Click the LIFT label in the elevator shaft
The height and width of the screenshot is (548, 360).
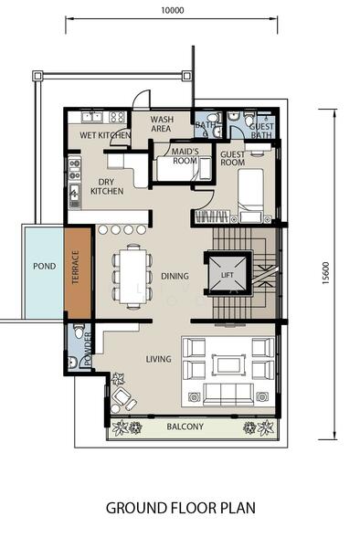point(227,275)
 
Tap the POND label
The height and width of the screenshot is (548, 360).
point(45,267)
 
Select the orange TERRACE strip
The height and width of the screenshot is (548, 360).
point(78,273)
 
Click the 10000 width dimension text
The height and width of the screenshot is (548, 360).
point(173,10)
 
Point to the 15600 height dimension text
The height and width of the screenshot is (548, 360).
point(326,273)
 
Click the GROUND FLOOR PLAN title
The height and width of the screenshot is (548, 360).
point(181,508)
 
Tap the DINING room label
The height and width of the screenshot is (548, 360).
point(175,276)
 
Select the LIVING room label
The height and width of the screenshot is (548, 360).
point(158,359)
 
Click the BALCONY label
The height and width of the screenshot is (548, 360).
point(185,427)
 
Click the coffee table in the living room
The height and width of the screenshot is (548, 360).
point(229,364)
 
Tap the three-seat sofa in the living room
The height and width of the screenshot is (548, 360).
point(228,394)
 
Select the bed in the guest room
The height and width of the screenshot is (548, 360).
point(250,195)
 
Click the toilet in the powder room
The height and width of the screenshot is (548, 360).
point(79,331)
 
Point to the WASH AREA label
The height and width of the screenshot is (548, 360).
point(161,124)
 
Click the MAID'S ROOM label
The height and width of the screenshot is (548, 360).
point(185,156)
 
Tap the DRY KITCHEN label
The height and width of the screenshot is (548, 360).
point(107,186)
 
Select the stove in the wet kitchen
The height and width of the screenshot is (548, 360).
point(117,117)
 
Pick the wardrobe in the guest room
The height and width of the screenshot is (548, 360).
point(212,216)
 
